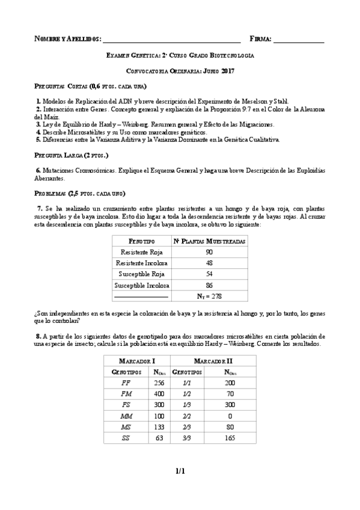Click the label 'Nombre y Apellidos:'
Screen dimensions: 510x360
pyautogui.click(x=67, y=39)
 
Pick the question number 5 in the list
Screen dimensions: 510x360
pyautogui.click(x=38, y=140)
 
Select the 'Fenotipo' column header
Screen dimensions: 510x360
pyautogui.click(x=142, y=241)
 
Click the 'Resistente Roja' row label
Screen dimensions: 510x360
pyautogui.click(x=142, y=252)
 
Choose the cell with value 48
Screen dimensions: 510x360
pyautogui.click(x=209, y=263)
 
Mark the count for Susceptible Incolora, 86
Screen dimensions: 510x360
pyautogui.click(x=209, y=285)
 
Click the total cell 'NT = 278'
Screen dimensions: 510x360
pyautogui.click(x=209, y=296)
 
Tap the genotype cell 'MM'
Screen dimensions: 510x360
pyautogui.click(x=126, y=416)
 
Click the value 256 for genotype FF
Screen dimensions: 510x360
pyautogui.click(x=159, y=382)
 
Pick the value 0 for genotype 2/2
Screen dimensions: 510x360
pyautogui.click(x=230, y=416)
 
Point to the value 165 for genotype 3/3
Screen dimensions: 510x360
pyautogui.click(x=230, y=438)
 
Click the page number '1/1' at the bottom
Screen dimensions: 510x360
pyautogui.click(x=180, y=472)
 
